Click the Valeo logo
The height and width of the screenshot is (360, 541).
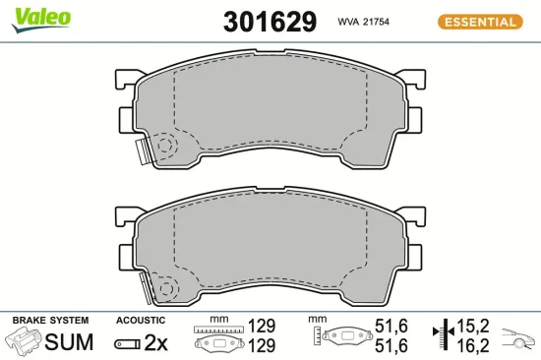click(40, 20)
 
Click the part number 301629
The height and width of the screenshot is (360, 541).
click(270, 22)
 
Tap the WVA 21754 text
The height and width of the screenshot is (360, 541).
click(363, 22)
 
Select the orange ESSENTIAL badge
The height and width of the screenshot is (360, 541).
click(480, 22)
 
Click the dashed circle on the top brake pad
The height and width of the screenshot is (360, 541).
click(165, 146)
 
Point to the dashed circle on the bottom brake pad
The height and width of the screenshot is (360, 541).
click(166, 288)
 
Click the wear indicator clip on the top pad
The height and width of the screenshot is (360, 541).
click(143, 151)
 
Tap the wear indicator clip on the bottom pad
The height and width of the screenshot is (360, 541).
click(145, 288)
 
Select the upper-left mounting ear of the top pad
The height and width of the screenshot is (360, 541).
click(127, 79)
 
